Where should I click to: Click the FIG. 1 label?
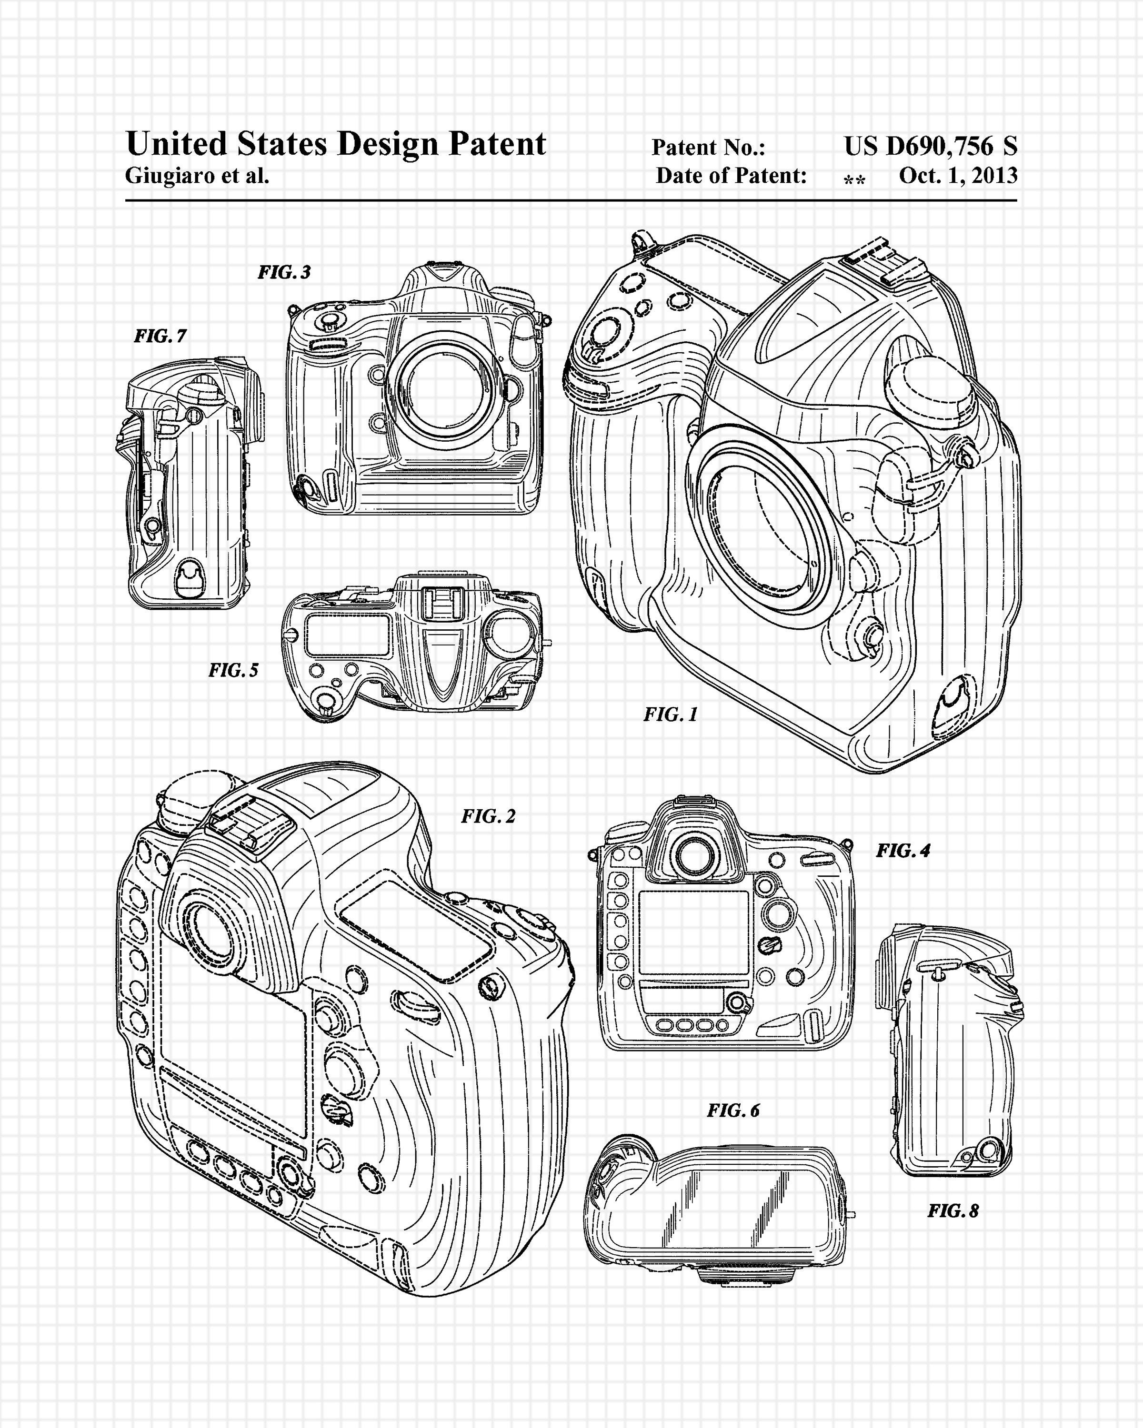point(671,714)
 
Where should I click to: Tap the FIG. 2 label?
point(488,817)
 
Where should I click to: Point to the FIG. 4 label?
point(903,851)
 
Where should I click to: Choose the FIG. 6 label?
point(733,1111)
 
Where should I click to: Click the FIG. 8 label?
point(953,1211)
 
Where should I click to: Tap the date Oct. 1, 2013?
point(958,176)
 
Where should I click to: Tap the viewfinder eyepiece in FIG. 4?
point(694,857)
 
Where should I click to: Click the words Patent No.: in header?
point(708,148)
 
